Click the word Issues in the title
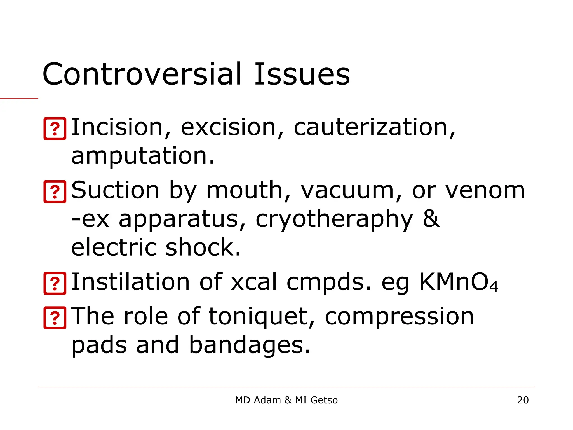(x=302, y=74)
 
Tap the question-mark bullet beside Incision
(x=55, y=128)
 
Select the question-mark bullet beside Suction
(x=55, y=191)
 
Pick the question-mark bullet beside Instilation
(x=55, y=283)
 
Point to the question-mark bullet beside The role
(x=55, y=317)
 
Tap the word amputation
(x=143, y=156)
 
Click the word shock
(x=203, y=247)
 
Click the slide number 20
(x=523, y=400)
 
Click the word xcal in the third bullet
(x=253, y=282)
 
